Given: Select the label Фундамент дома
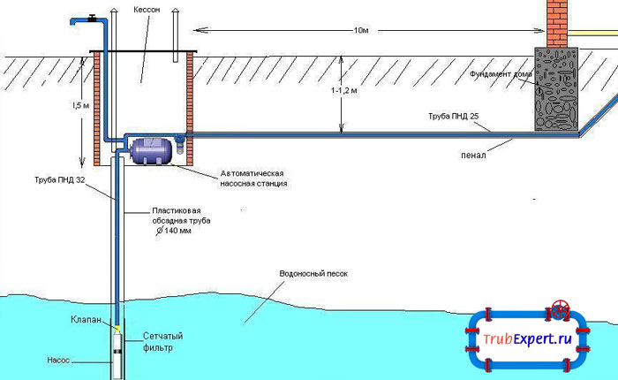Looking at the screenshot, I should pos(501,73).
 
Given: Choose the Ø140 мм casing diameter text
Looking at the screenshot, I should pos(173,231).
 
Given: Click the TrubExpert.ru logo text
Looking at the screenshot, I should pos(527,340).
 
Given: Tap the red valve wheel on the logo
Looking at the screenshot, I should pos(560,310).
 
